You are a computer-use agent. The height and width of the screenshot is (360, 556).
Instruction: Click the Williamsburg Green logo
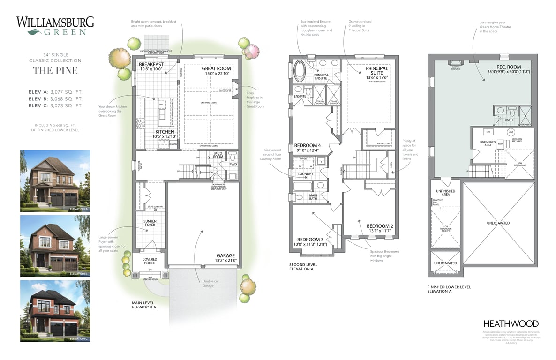tap(55, 26)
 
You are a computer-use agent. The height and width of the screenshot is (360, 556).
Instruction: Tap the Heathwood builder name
tap(511, 323)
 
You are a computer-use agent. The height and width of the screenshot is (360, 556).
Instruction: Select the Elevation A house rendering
tap(55, 181)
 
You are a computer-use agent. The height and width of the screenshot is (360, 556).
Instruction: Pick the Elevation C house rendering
tap(55, 311)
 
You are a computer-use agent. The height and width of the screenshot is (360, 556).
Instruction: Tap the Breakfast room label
tap(151, 65)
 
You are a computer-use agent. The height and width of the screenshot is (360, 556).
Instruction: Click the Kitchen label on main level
tap(165, 132)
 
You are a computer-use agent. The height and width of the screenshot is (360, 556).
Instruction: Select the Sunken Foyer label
tap(150, 223)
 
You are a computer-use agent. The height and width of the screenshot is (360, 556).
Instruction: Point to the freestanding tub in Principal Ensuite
tap(300, 73)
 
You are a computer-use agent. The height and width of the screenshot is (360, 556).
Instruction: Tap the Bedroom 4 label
tap(307, 145)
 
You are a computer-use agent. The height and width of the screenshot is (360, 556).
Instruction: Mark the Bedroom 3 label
tap(311, 240)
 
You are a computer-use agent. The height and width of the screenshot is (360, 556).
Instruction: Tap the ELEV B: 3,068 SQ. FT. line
tap(55, 99)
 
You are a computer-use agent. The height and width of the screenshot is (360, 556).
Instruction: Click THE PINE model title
tap(55, 70)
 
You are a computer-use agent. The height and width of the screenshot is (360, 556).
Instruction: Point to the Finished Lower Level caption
tap(449, 287)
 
